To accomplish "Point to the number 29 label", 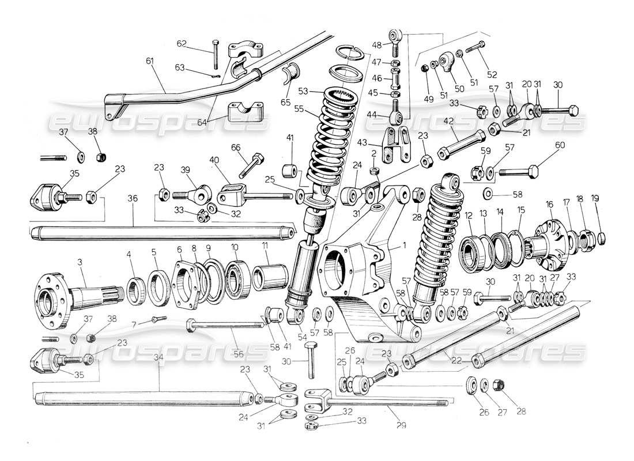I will tap(401, 426).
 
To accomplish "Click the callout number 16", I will tap(549, 205).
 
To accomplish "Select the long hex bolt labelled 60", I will tap(519, 171).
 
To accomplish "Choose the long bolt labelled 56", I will tap(225, 327).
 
